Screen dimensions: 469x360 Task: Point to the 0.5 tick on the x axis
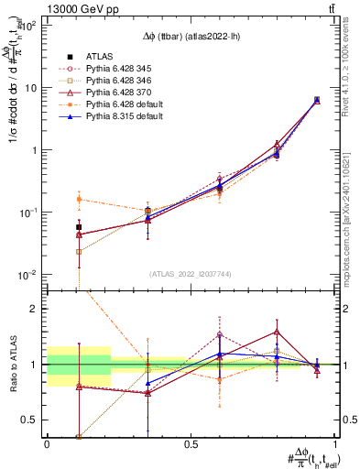click(x=191, y=443)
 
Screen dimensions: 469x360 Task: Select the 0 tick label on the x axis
click(x=47, y=443)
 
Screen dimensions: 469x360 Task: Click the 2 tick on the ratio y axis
click(x=38, y=309)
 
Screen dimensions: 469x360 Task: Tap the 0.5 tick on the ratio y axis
click(x=33, y=420)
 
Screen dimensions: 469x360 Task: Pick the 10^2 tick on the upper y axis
click(x=31, y=26)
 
